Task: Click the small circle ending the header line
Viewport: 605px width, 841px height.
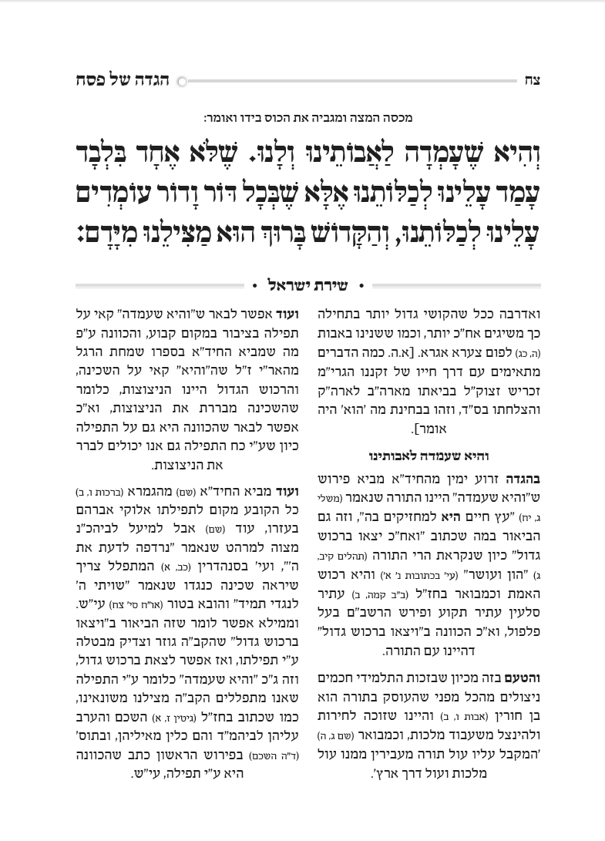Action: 183,81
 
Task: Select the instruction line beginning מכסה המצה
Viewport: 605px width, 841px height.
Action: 308,118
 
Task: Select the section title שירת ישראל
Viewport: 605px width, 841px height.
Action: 307,286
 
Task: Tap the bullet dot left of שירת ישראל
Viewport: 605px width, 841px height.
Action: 255,286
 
